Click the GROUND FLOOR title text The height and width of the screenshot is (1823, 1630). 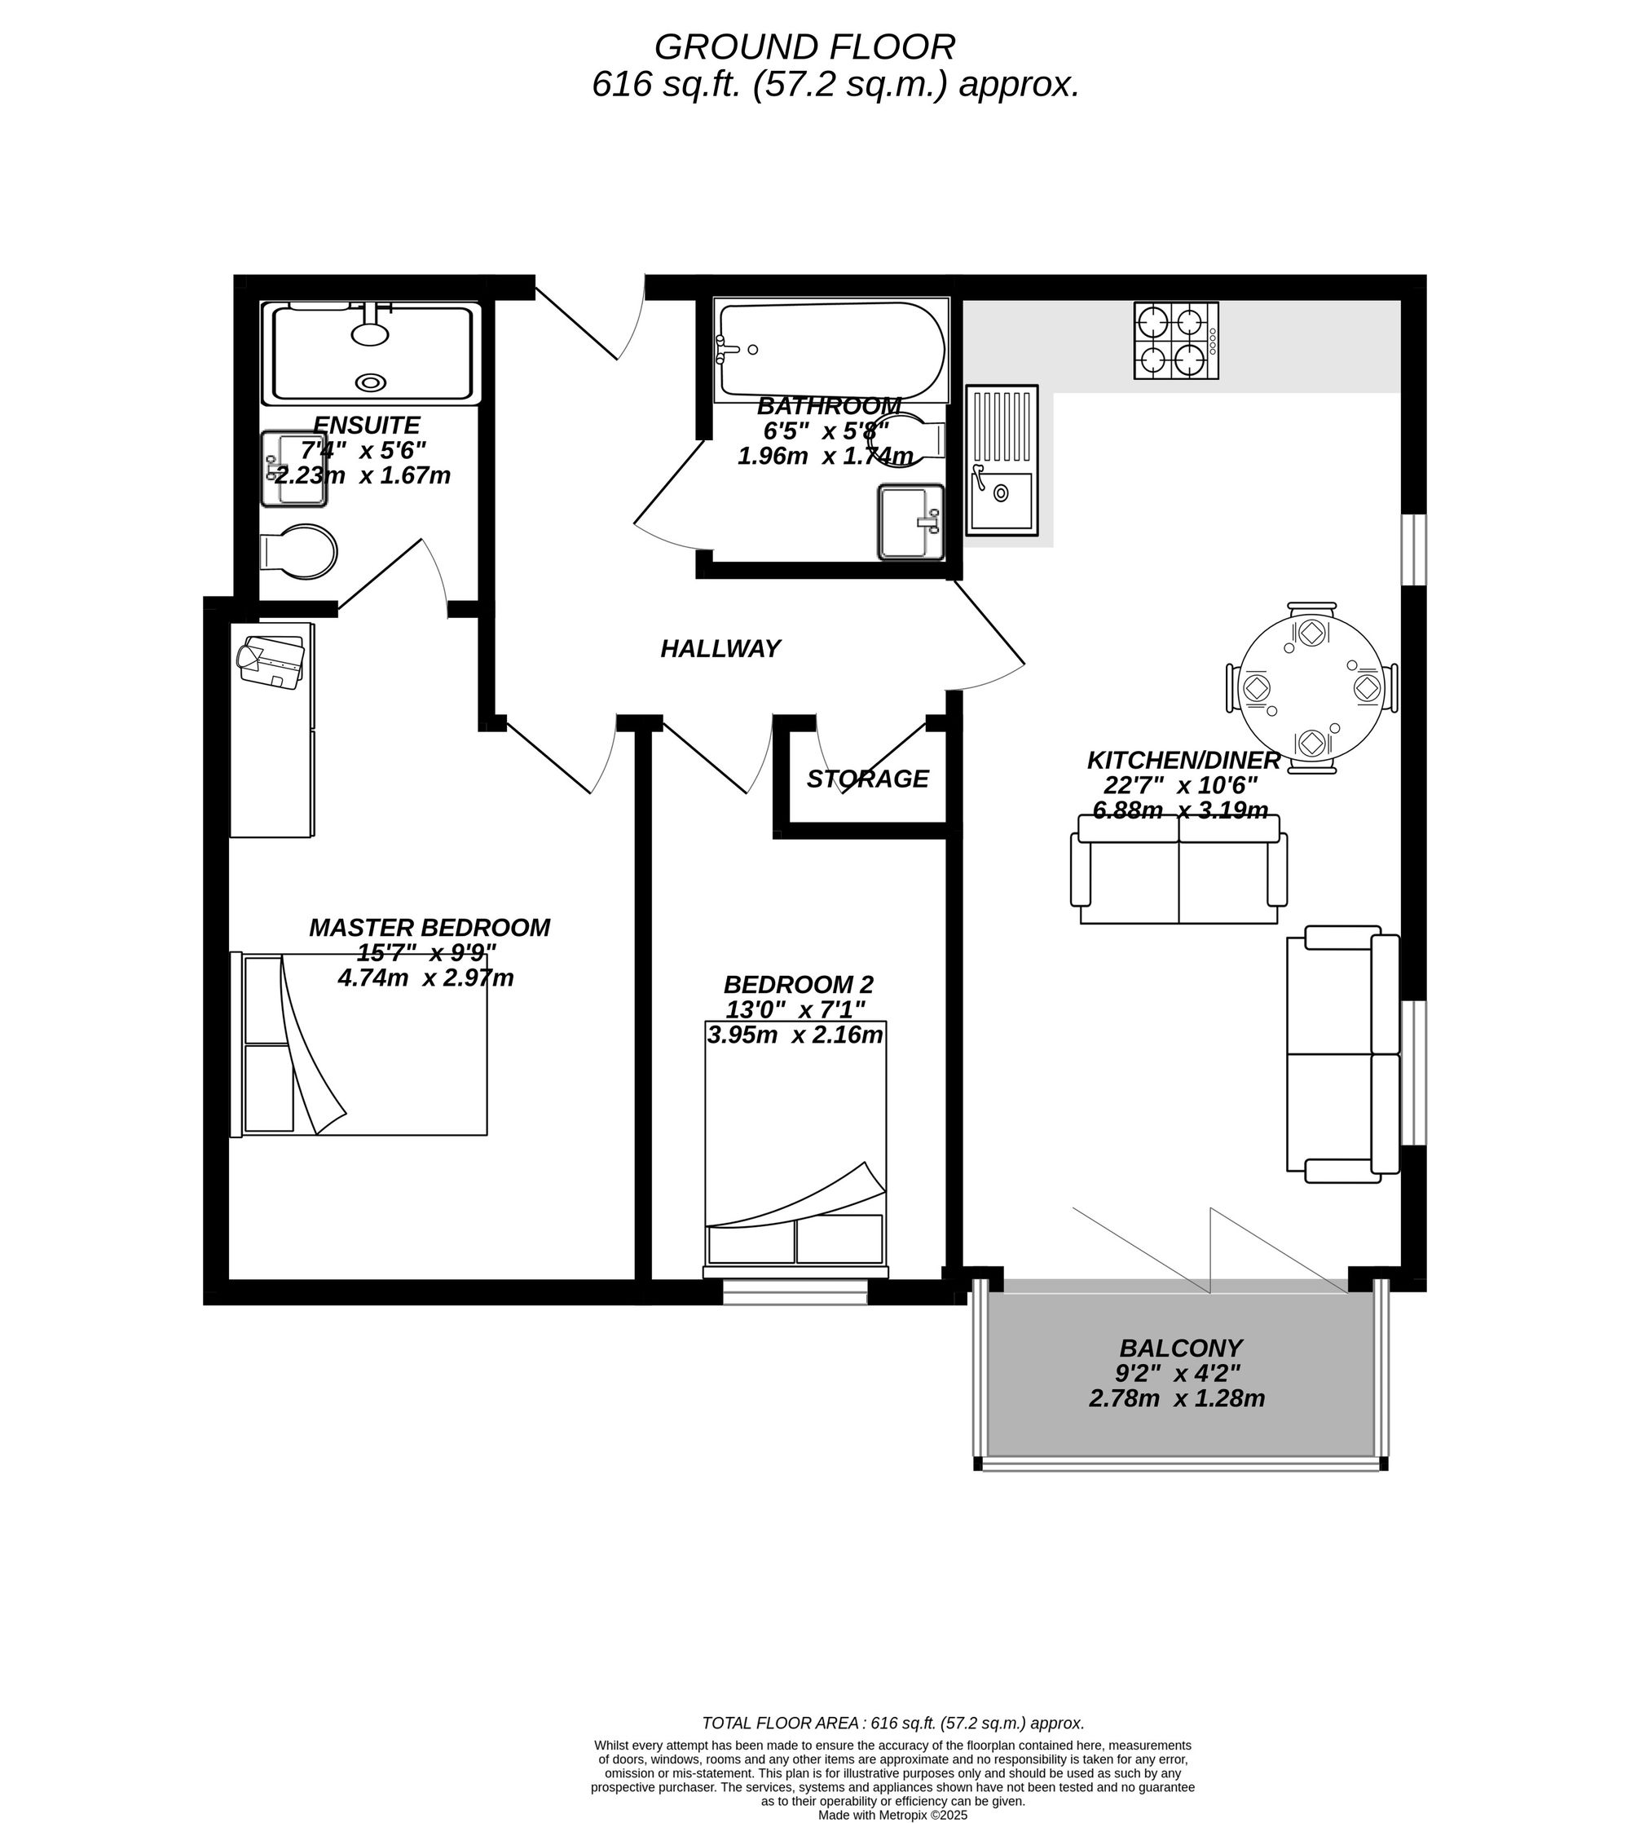(804, 46)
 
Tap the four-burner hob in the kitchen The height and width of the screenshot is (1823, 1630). (1176, 341)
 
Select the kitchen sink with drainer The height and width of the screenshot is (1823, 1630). (1002, 461)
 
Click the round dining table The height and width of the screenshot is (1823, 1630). (1312, 688)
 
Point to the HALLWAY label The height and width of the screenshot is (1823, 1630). (720, 649)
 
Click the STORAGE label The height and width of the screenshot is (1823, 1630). (867, 779)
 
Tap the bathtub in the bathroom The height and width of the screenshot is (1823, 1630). (830, 351)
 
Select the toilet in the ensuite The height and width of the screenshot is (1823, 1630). (298, 550)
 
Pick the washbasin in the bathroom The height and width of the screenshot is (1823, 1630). (912, 523)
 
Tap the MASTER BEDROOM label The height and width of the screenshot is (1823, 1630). (430, 928)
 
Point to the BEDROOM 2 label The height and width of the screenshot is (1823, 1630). (798, 986)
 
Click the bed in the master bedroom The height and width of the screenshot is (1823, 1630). (359, 1044)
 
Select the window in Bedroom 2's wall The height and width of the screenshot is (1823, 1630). (795, 1291)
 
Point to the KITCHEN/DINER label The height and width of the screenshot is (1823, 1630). (1183, 761)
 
